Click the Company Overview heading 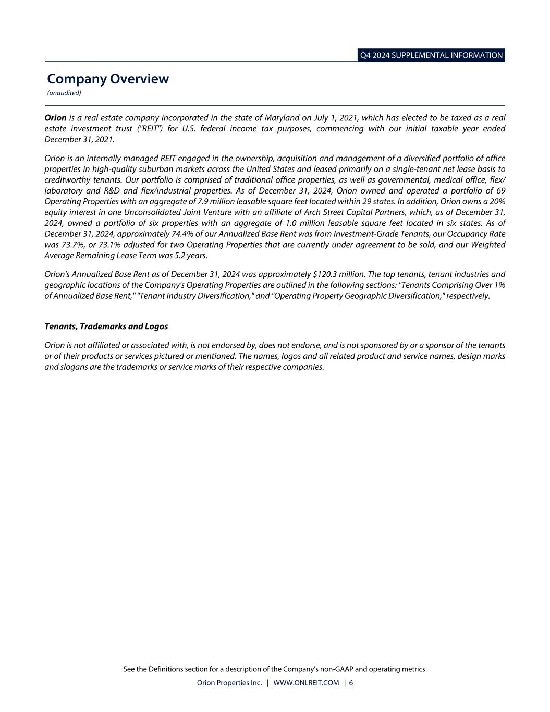click(x=108, y=79)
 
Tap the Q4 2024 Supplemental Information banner click(x=431, y=55)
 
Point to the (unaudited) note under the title click(x=64, y=93)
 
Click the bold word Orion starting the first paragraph click(x=55, y=118)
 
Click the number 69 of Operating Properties click(x=500, y=190)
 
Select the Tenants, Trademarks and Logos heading click(x=106, y=327)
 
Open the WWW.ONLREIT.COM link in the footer click(x=305, y=683)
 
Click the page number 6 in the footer click(x=351, y=683)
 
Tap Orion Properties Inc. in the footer click(x=229, y=683)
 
